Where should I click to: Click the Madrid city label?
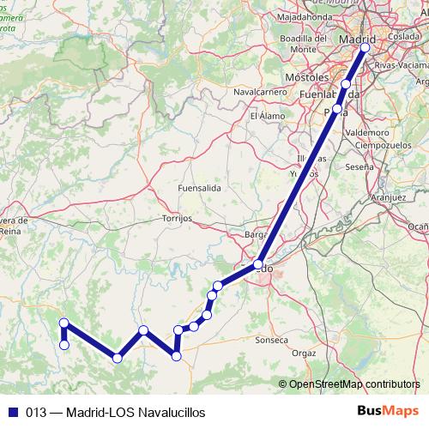(x=358, y=40)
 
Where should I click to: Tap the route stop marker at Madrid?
(x=365, y=48)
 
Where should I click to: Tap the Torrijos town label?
(x=177, y=219)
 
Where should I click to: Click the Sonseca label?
(x=272, y=340)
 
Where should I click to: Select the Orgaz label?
(x=304, y=353)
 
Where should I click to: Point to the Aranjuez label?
(x=388, y=196)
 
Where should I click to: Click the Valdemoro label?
(x=366, y=133)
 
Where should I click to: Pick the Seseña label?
(x=358, y=166)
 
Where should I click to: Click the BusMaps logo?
(x=386, y=411)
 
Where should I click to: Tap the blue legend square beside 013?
(x=13, y=411)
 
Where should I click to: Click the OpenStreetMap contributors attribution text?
(x=354, y=384)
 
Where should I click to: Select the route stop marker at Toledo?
(x=258, y=265)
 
